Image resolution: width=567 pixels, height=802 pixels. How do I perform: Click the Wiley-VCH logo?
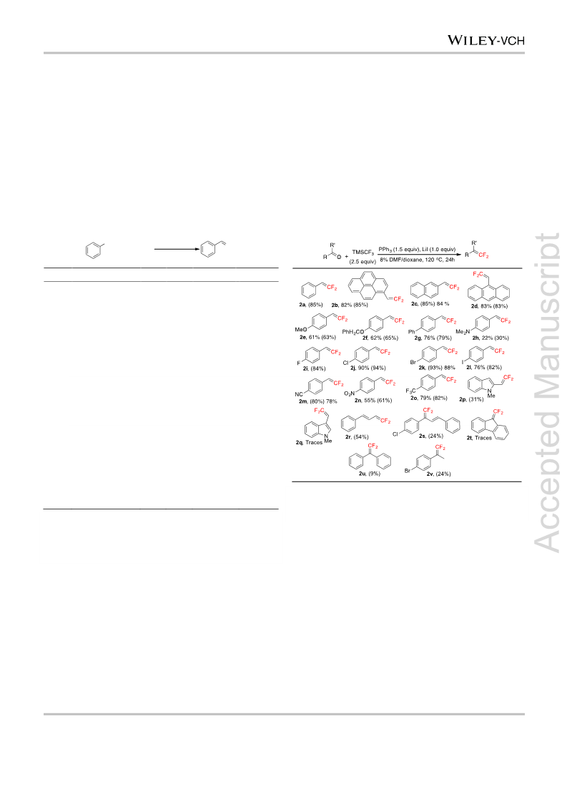coord(485,40)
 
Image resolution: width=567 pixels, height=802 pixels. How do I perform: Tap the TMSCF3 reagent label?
coord(363,252)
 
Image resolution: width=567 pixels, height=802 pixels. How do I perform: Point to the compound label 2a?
coord(302,305)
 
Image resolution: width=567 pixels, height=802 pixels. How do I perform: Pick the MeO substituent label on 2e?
coord(300,329)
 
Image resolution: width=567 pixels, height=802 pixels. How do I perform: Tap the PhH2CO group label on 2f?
coord(352,332)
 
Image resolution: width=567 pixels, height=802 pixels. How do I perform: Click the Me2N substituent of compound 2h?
coord(463,332)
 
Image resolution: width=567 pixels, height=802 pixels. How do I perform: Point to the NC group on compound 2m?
coord(299,394)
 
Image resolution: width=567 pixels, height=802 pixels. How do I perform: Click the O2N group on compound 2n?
coord(349,393)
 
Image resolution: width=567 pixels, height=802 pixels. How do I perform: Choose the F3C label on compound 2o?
coord(410,391)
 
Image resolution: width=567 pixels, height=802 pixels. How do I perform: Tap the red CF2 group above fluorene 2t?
coord(498,412)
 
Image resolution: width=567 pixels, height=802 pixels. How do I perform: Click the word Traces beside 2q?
coord(314,442)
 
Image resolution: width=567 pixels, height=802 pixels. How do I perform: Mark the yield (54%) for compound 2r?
coord(361,437)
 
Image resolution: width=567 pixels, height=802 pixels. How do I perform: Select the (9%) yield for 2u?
coord(374,474)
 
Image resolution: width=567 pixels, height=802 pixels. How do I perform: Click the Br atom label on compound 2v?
coord(408,471)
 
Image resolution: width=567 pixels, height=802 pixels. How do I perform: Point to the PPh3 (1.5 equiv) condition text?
coord(398,250)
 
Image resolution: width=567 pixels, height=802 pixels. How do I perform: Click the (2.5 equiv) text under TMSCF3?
coord(363,262)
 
